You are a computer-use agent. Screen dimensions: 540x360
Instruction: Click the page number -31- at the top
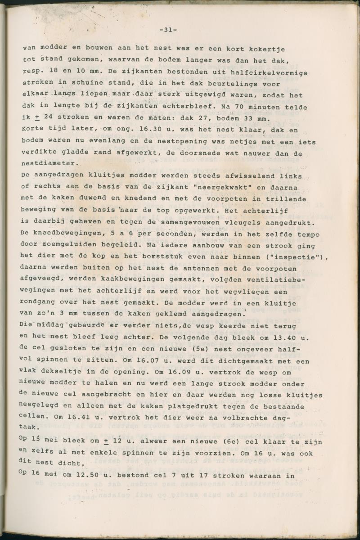pyautogui.click(x=168, y=30)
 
